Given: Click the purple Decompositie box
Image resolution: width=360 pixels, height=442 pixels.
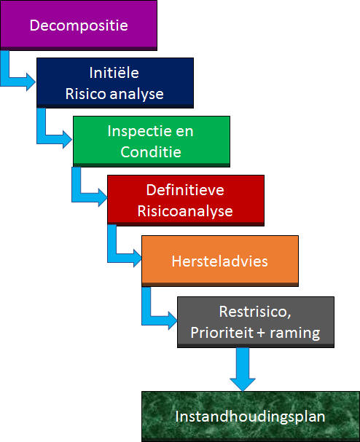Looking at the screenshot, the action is [x=79, y=25].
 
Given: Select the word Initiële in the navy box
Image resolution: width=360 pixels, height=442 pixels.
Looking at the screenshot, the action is [x=114, y=73].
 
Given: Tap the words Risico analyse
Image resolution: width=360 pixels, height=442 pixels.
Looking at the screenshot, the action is [x=114, y=94].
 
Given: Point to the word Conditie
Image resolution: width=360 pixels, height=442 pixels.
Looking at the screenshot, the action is [x=151, y=152].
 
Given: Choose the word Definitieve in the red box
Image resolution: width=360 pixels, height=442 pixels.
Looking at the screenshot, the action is [x=185, y=190].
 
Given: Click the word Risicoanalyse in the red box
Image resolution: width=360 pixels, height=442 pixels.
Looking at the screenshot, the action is [x=185, y=211].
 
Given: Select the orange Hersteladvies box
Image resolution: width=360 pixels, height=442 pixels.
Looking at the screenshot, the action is [x=220, y=261].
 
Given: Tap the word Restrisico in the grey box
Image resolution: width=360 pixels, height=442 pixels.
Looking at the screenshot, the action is [x=254, y=312].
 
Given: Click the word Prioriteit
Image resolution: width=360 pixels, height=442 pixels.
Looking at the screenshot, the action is [x=222, y=333].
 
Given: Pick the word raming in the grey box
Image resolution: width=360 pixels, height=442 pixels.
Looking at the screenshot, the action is [x=295, y=334].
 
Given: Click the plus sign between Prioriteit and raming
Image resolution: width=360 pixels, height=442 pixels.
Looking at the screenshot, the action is [x=261, y=334].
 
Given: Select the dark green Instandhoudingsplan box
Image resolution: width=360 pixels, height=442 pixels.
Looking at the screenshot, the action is [x=251, y=417].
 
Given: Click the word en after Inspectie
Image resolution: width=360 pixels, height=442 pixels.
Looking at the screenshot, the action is [x=184, y=132].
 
